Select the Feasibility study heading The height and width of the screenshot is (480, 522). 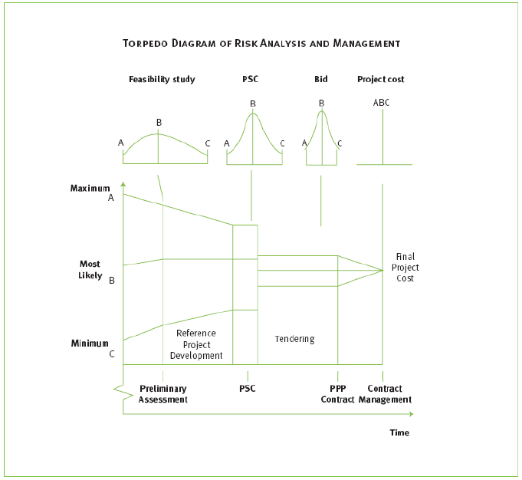click(x=162, y=79)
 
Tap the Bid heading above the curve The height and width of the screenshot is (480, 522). click(x=320, y=79)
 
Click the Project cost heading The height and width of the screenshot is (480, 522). click(x=381, y=79)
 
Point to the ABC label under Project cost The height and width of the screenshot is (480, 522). click(x=381, y=102)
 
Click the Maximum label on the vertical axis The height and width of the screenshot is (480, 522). click(x=90, y=188)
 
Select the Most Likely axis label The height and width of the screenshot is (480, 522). click(x=90, y=270)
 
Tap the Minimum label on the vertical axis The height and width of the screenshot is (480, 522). click(x=90, y=344)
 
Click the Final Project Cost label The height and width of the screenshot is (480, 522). click(x=405, y=268)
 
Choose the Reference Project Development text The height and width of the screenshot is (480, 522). click(x=196, y=344)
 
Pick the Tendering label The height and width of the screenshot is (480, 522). click(x=295, y=339)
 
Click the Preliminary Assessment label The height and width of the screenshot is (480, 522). click(x=163, y=394)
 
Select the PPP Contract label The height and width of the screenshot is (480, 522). click(x=337, y=394)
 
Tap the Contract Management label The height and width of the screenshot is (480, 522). click(x=385, y=394)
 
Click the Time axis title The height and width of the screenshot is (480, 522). click(x=399, y=432)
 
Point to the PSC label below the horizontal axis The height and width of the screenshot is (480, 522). click(x=247, y=389)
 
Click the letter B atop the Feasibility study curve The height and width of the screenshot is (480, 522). click(x=159, y=122)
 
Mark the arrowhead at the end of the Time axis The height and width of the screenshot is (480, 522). click(x=411, y=414)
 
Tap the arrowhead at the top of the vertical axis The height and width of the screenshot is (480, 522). click(x=123, y=184)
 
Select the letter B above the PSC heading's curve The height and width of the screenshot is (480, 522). click(x=252, y=104)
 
